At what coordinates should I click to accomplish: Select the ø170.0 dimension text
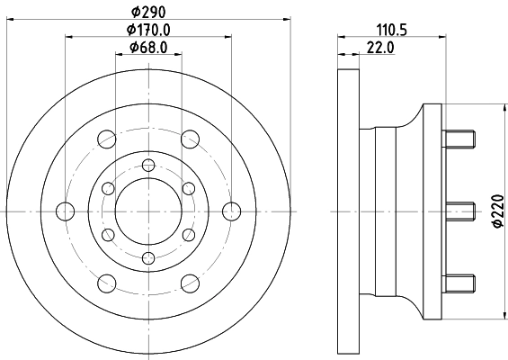click(x=148, y=31)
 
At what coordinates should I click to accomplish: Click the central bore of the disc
click(x=148, y=211)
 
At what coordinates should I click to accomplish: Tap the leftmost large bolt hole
click(x=65, y=211)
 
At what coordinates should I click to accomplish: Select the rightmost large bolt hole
click(x=232, y=211)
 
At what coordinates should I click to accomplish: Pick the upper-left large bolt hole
click(x=107, y=139)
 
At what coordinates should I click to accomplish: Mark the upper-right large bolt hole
click(x=190, y=139)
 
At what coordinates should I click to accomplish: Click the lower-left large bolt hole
click(x=107, y=283)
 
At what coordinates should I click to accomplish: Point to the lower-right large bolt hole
click(x=190, y=283)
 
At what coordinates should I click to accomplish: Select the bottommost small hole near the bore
click(x=148, y=258)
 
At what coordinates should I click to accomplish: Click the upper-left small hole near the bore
click(x=108, y=187)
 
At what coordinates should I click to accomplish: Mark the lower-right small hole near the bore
click(x=189, y=234)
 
